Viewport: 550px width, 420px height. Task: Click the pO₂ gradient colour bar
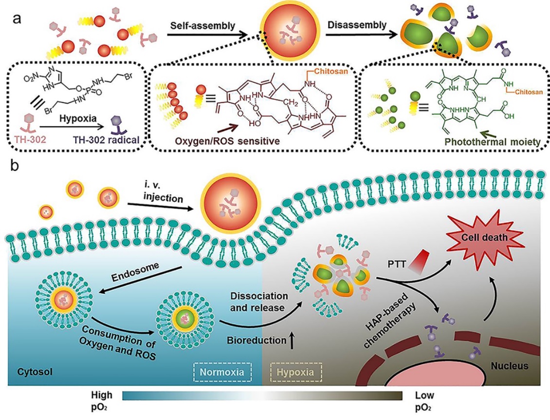pyautogui.click(x=263, y=396)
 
